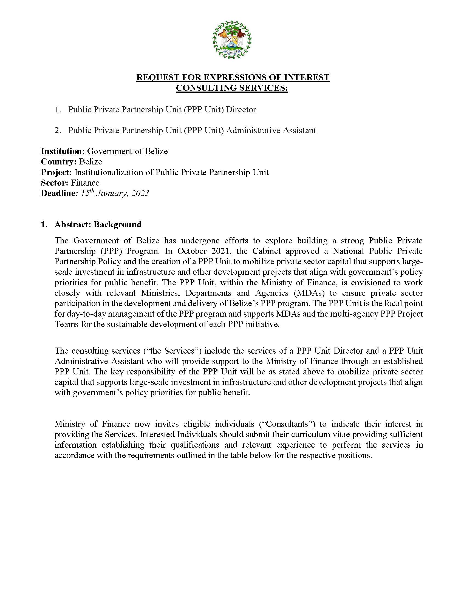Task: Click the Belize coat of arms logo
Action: click(x=232, y=39)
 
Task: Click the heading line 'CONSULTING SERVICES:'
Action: click(x=232, y=88)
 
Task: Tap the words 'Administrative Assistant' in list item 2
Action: click(x=271, y=130)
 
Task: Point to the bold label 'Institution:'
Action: click(x=63, y=151)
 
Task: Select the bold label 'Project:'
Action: click(x=56, y=172)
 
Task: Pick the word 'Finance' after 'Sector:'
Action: click(x=85, y=183)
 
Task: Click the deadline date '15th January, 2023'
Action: click(x=115, y=193)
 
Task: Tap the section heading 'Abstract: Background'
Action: click(x=98, y=224)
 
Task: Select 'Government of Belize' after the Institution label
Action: click(x=127, y=151)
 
